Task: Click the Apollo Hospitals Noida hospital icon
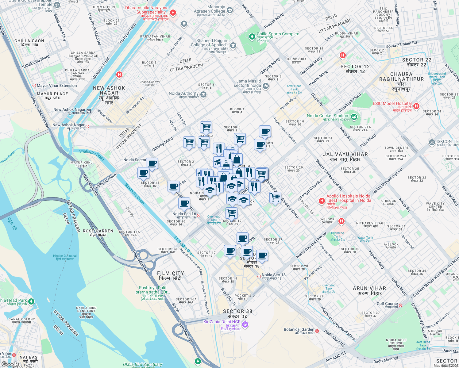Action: point(322,201)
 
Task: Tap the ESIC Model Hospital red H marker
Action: point(416,106)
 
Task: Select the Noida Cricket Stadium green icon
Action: point(354,117)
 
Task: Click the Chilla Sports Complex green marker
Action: point(252,37)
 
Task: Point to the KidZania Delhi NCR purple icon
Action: point(245,324)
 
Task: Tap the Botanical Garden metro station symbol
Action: point(317,331)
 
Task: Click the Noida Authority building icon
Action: point(203,95)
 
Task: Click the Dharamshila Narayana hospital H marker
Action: point(173,13)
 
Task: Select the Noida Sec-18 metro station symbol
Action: point(259,276)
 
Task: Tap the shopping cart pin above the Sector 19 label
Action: point(232,212)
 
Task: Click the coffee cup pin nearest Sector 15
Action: point(143,173)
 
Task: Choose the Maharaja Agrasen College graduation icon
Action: point(229,10)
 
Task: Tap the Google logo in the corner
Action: point(10,364)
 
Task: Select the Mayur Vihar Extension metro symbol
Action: point(34,86)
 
